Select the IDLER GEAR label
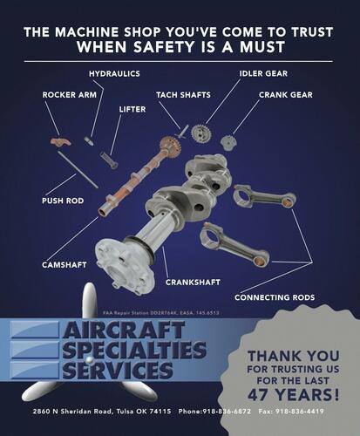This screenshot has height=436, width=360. (262, 73)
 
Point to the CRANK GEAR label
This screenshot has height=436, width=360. (285, 94)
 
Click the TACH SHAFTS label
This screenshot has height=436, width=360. (184, 94)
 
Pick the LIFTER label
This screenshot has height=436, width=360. (132, 110)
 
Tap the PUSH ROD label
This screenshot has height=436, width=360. (63, 201)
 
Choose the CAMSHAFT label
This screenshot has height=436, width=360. (65, 263)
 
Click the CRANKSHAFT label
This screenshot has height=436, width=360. (193, 282)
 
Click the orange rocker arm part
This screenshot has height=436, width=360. (59, 140)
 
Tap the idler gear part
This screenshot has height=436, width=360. (200, 133)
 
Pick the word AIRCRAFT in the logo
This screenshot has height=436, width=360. (132, 332)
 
